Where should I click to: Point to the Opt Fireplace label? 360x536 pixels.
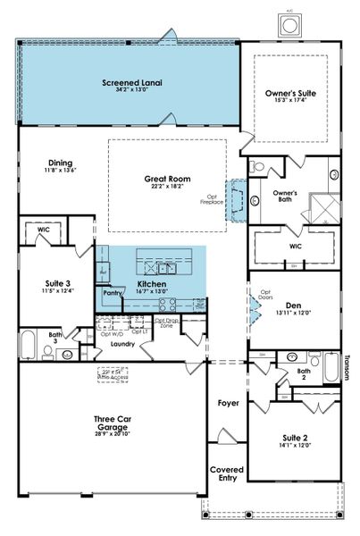point(211,200)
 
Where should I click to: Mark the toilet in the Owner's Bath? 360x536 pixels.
point(257,166)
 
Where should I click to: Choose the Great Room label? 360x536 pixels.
point(163,178)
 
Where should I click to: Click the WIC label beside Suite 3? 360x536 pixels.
point(42,230)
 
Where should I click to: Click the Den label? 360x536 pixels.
point(295,305)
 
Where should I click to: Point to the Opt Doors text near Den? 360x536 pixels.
point(265,295)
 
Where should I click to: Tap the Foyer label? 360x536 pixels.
point(228,403)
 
